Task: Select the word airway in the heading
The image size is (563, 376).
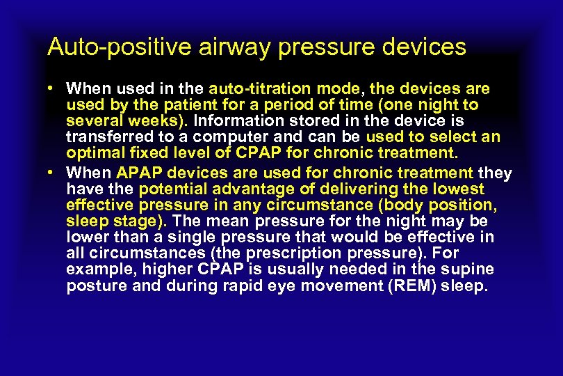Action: tap(206, 47)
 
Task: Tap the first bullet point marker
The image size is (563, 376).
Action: tap(52, 89)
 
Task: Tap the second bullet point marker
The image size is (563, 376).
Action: tap(52, 173)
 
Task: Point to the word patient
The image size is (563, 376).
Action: tap(201, 105)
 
